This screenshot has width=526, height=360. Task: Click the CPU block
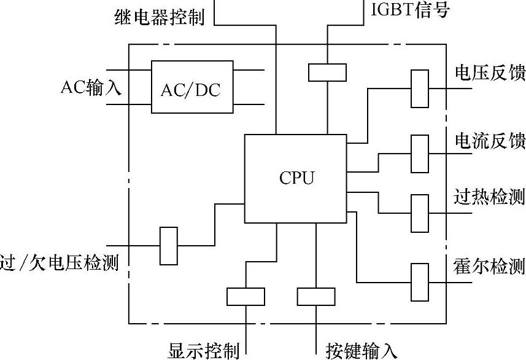[296, 178]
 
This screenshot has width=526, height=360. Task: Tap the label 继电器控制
[159, 17]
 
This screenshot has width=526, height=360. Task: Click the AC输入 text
[91, 87]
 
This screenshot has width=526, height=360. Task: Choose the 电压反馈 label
[490, 73]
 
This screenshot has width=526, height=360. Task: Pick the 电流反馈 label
[490, 141]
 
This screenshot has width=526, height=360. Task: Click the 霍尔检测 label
[490, 267]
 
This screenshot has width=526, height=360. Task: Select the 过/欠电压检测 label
[60, 263]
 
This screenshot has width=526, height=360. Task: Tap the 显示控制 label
[203, 351]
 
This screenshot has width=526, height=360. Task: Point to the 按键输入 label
[362, 351]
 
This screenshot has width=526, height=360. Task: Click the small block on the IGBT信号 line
[327, 72]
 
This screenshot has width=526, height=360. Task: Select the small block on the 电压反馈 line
[419, 88]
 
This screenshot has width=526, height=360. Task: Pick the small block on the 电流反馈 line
[419, 153]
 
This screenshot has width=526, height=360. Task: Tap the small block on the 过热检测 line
[419, 213]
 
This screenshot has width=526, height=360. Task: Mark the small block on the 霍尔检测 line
[419, 281]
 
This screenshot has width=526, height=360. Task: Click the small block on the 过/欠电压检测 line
[168, 246]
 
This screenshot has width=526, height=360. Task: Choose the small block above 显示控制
[246, 296]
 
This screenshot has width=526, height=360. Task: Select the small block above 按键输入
[315, 296]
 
